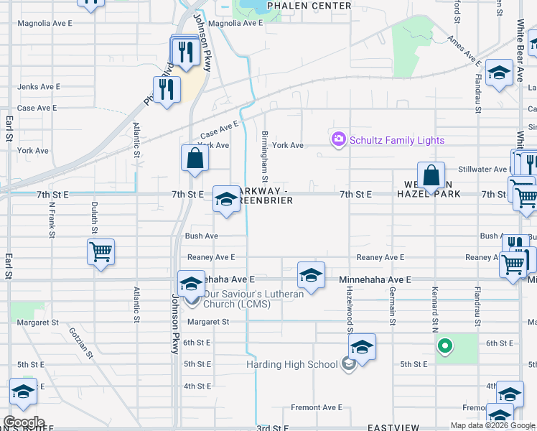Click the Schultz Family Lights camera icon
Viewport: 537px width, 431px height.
coord(338,140)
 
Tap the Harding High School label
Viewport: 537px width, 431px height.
coord(291,364)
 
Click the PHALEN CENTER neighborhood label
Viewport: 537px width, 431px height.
coord(309,6)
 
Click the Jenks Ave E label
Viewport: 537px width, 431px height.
coord(39,86)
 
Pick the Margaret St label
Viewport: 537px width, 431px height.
coord(208,322)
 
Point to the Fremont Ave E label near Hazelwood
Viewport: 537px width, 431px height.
coord(317,407)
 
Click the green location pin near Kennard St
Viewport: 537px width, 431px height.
coord(445,347)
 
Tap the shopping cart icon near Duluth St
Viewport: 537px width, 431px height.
coord(101,252)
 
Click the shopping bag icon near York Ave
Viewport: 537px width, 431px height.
coord(195,158)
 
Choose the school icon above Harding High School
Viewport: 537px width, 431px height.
coord(363,347)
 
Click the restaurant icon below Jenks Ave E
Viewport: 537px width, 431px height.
coord(167,90)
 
